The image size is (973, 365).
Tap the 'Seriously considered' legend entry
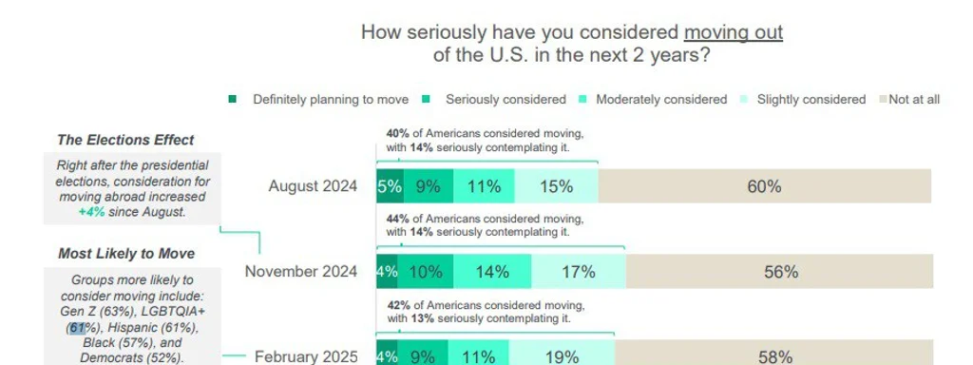pos(505,100)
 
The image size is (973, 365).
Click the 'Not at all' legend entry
pos(913,100)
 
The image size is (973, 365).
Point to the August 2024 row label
pos(313,186)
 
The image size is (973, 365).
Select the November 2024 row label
pos(301,272)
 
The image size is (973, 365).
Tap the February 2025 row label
pos(306,357)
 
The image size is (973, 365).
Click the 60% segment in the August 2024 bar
pos(764,186)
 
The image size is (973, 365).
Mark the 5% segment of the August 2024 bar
pos(390,186)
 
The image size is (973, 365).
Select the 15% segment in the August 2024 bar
pos(556,186)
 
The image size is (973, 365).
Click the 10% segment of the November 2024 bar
pos(426,272)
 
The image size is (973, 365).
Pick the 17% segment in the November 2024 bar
pos(578,272)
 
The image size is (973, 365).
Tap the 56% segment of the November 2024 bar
pos(780,272)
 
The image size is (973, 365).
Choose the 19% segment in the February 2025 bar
pos(562,356)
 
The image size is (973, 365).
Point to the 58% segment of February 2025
pos(774,356)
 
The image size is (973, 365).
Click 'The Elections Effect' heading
pos(125,141)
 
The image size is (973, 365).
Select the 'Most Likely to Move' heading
pos(126,254)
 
